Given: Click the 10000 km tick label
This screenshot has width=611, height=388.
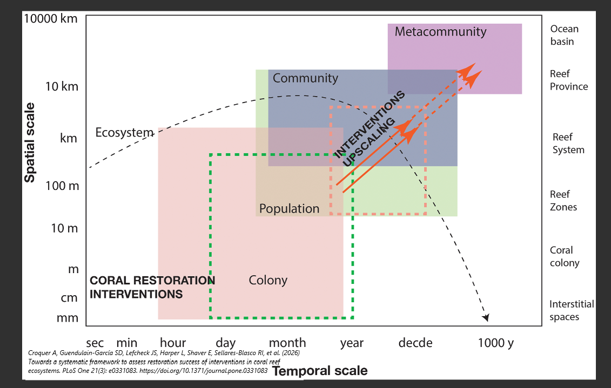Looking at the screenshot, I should [x=51, y=19].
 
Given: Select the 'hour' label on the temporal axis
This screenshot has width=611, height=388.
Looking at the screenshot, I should [x=173, y=343].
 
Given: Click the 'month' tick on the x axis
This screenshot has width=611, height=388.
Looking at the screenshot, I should [x=287, y=343].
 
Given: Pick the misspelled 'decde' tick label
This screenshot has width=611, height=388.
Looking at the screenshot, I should [x=415, y=343].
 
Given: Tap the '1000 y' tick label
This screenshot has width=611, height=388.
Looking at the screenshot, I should [x=496, y=343].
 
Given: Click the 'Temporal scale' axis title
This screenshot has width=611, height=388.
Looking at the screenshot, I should [x=320, y=371].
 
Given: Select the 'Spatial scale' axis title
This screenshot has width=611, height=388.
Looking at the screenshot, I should [x=30, y=142].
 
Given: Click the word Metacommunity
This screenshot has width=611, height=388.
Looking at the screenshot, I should [x=440, y=31].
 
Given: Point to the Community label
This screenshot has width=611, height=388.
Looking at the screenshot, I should [x=305, y=78].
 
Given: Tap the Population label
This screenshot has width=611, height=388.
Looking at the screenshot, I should [x=289, y=208].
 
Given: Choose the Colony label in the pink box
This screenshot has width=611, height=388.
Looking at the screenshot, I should [x=268, y=280].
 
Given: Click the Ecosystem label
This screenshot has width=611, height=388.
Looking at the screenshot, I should [x=124, y=133].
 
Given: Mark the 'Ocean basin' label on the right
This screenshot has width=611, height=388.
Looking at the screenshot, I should [x=563, y=35].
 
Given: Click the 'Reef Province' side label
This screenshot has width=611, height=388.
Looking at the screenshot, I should [x=568, y=80].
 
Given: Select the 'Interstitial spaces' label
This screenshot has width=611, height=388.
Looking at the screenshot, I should [x=571, y=310].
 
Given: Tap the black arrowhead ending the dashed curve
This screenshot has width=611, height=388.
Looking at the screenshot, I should [x=486, y=317].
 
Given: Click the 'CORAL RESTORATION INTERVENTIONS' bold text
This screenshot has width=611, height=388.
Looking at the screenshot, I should [x=152, y=287].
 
